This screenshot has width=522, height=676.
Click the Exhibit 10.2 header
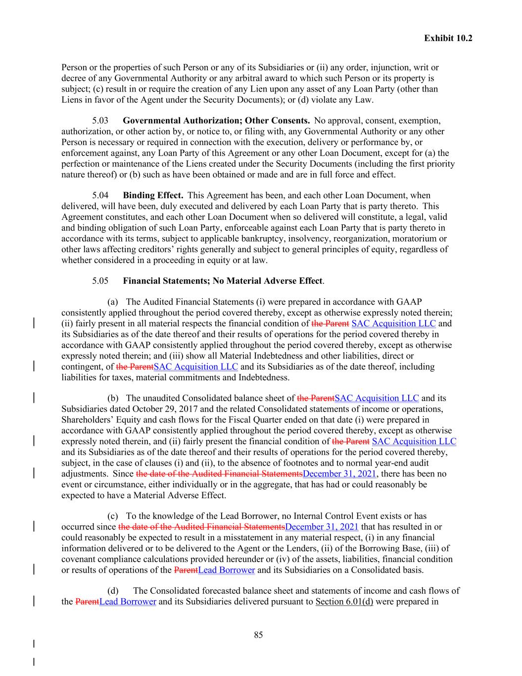[448, 38]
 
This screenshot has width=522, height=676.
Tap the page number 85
[258, 635]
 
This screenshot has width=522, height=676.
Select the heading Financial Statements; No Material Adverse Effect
[223, 281]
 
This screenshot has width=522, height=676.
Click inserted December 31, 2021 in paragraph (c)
[322, 526]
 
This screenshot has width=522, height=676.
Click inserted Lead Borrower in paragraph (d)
[128, 601]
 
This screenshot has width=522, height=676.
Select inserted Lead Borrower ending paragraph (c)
[227, 570]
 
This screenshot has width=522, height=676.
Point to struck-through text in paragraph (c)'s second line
[201, 526]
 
